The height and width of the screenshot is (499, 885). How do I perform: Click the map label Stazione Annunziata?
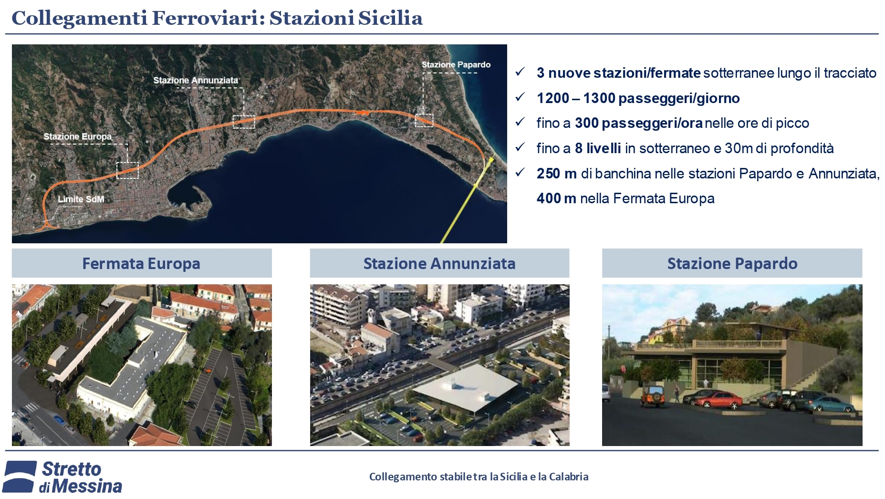click(x=196, y=80)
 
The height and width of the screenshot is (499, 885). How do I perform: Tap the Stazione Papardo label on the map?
click(x=456, y=64)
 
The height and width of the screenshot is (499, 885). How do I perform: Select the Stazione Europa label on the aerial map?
click(x=78, y=136)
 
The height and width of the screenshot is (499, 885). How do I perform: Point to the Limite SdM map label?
click(x=81, y=199)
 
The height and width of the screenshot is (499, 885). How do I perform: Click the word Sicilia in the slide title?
click(x=390, y=18)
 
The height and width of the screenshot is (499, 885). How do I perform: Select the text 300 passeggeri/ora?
click(x=639, y=123)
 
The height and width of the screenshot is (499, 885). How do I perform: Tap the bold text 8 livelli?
click(x=598, y=148)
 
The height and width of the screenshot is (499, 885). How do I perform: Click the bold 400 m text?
click(x=556, y=198)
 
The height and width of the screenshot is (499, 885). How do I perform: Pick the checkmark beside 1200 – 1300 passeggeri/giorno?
click(x=520, y=97)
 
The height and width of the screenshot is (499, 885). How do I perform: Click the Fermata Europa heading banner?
click(x=142, y=263)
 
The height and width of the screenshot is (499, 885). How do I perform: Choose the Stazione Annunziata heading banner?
click(x=439, y=263)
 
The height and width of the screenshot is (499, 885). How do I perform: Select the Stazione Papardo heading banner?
click(x=732, y=263)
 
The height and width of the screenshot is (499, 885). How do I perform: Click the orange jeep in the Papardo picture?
click(x=652, y=395)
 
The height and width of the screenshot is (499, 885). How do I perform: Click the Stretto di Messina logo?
click(x=63, y=477)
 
